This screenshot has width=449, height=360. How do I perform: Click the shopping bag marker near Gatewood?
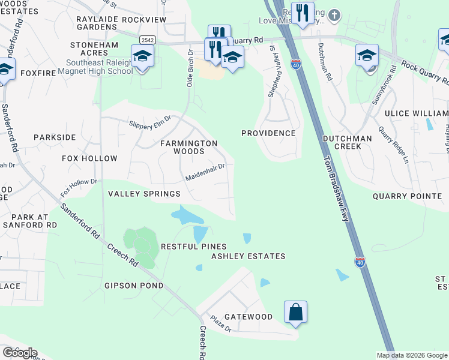295,312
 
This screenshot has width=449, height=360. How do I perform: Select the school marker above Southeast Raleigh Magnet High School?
142,56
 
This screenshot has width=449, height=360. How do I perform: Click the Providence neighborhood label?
268,133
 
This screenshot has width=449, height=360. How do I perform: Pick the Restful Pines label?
193,247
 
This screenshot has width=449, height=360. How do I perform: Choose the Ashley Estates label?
248,256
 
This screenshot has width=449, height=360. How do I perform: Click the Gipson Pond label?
133,286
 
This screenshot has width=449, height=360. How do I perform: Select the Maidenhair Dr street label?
205,172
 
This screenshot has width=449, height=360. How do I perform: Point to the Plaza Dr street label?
220,324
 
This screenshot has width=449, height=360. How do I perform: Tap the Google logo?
19,352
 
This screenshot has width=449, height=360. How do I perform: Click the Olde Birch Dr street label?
190,68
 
